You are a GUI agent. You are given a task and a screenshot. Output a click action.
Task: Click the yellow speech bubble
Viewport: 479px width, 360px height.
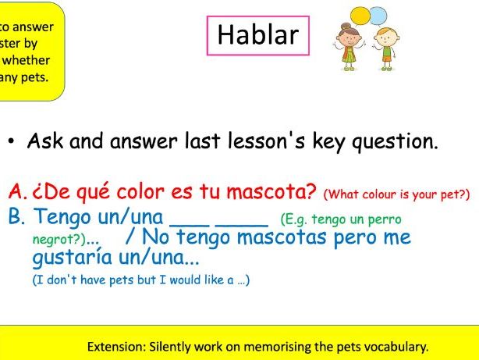click(x=360, y=14)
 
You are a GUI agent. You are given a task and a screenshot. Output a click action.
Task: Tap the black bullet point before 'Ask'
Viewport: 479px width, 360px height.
click(x=12, y=144)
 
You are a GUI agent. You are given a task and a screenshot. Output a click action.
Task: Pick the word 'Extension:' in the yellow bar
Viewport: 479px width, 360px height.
click(x=114, y=346)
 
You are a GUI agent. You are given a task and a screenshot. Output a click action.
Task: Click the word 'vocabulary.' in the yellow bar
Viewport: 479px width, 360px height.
click(x=397, y=346)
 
